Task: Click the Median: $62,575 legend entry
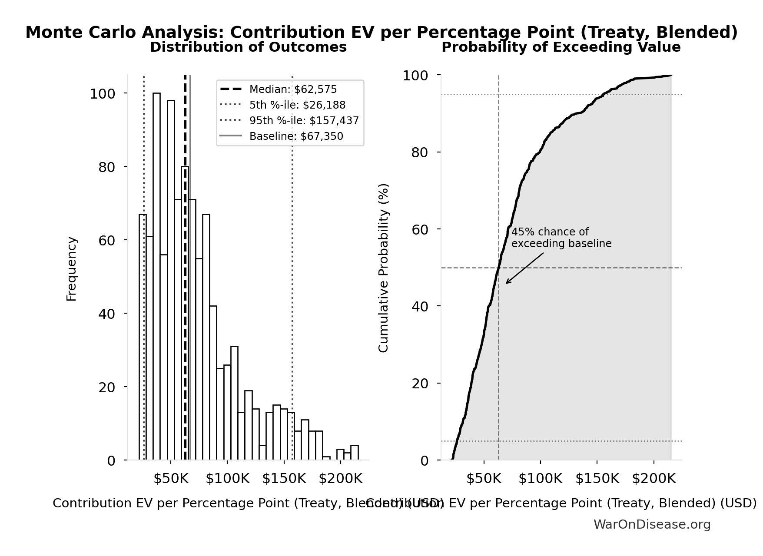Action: click(292, 89)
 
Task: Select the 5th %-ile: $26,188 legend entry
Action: click(297, 105)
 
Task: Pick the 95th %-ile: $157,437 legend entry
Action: click(304, 121)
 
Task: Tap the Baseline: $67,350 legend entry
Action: click(296, 136)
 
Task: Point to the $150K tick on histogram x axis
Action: click(284, 479)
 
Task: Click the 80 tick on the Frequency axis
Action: click(107, 167)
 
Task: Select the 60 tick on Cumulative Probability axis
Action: click(420, 229)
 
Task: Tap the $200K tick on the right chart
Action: click(654, 479)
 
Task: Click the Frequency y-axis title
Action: click(72, 268)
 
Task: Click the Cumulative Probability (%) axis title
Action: click(383, 268)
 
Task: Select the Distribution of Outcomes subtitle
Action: click(248, 47)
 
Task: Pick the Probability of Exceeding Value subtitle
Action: click(561, 47)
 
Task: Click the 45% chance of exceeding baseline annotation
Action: click(561, 238)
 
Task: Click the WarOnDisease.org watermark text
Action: click(652, 525)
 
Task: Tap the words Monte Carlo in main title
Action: click(81, 33)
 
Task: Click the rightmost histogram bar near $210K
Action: click(355, 453)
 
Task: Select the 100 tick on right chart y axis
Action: click(415, 76)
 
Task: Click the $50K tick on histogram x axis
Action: click(171, 479)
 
